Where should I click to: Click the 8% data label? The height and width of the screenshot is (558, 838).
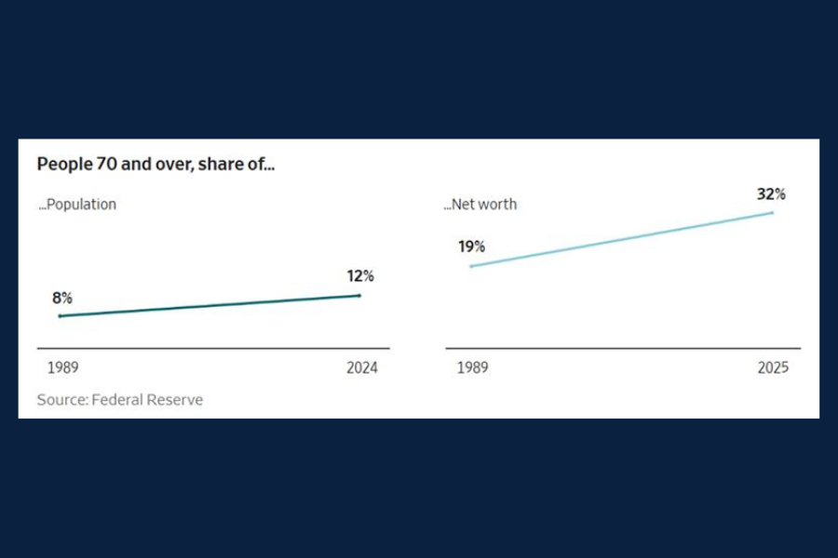coord(62,298)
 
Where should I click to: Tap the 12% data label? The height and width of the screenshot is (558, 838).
coord(359,276)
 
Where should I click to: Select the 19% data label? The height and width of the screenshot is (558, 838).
coord(471,246)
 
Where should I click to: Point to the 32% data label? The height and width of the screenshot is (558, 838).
coord(772,194)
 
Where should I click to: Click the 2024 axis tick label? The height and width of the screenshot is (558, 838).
coord(361,367)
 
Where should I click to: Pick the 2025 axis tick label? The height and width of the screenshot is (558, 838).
coord(772,367)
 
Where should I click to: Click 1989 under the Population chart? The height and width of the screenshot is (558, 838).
coord(63,367)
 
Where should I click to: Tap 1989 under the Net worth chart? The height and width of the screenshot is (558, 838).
coord(472,367)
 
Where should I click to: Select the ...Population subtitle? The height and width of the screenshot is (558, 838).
coord(77,205)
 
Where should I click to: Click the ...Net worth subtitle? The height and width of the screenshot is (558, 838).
coord(480,205)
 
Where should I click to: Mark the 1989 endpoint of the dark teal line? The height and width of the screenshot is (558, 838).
coord(60,316)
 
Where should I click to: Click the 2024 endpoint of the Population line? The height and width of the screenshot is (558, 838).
coord(359,296)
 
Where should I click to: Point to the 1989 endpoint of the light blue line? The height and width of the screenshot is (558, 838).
coord(471,266)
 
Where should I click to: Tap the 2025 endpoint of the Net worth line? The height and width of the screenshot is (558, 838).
coord(773,213)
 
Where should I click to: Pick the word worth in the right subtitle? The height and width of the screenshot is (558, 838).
coord(499,205)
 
